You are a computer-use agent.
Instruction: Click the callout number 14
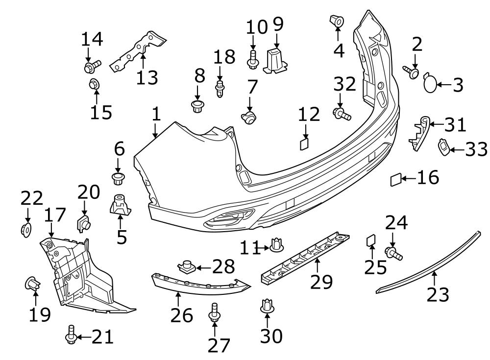[x=92, y=39]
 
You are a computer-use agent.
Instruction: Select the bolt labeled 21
[x=71, y=335]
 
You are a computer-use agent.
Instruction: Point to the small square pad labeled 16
[x=395, y=180]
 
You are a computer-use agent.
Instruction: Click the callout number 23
[x=438, y=294]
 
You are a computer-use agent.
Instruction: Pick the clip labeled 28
[x=187, y=266]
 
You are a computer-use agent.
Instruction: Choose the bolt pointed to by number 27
[x=215, y=312]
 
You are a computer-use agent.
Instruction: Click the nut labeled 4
[x=337, y=21]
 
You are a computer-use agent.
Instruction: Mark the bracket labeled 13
[x=138, y=51]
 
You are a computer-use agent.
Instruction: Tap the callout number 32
[x=344, y=84]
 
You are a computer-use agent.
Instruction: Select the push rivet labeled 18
[x=220, y=89]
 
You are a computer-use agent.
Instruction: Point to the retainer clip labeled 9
[x=275, y=61]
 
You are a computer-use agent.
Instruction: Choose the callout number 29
[x=321, y=282]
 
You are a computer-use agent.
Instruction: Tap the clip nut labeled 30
[x=267, y=306]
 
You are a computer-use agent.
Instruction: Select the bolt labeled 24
[x=394, y=253]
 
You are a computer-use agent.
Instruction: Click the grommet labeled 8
[x=197, y=107]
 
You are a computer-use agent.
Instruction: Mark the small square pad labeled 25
[x=371, y=240]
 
